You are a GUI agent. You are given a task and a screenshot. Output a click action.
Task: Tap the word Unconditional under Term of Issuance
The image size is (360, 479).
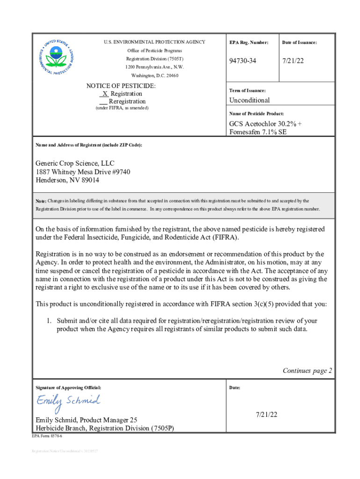pyautogui.click(x=249, y=100)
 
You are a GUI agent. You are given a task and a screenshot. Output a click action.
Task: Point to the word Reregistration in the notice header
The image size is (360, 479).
pyautogui.click(x=127, y=101)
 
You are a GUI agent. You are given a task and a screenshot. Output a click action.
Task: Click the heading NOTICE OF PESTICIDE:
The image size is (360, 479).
pyautogui.click(x=121, y=86)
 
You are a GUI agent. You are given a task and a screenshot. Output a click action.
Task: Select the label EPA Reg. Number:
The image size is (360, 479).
pyautogui.click(x=249, y=43)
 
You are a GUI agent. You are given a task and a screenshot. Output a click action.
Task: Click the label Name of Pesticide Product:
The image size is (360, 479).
pyautogui.click(x=256, y=114)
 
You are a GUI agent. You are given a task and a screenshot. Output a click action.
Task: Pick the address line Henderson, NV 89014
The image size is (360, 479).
pyautogui.click(x=67, y=180)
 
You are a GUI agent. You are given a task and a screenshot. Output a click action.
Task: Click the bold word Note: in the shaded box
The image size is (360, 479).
pyautogui.click(x=41, y=201)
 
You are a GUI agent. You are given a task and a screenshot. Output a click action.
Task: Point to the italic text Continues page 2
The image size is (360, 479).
pyautogui.click(x=307, y=370)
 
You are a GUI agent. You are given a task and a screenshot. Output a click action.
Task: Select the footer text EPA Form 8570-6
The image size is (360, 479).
pyautogui.click(x=47, y=435)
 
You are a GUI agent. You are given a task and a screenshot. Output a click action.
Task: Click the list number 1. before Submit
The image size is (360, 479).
pyautogui.click(x=48, y=321)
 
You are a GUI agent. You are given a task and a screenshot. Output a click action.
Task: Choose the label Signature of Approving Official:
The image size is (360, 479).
pyautogui.click(x=68, y=388)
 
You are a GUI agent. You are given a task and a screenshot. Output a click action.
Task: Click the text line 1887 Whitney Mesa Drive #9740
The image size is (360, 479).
pyautogui.click(x=83, y=172)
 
